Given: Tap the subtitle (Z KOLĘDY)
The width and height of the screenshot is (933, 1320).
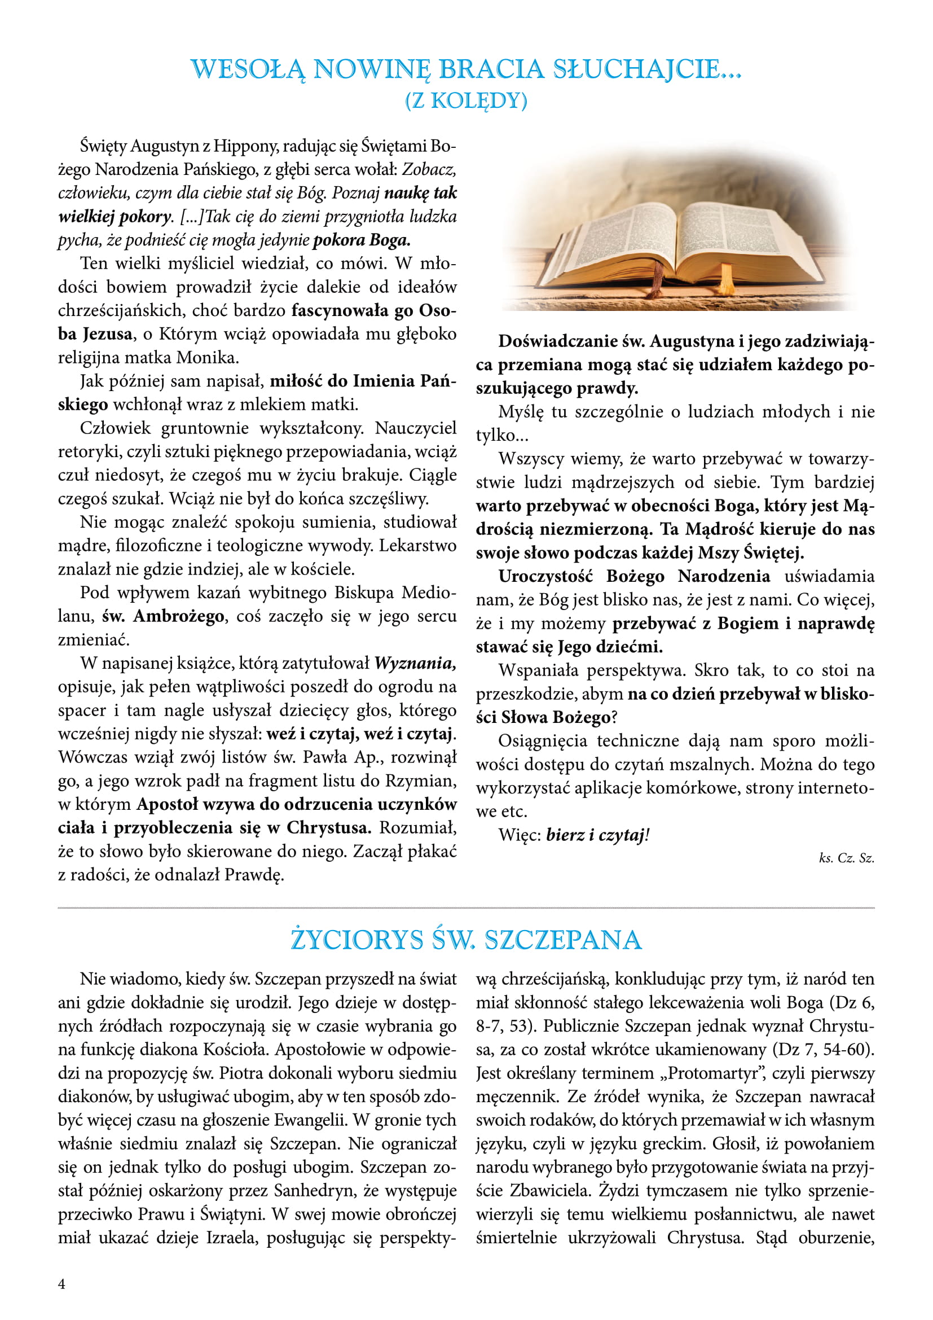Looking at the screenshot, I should coord(466,100).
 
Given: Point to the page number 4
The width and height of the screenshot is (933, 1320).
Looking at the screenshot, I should coord(61,1283).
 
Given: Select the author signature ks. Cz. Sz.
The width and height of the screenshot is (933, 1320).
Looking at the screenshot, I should coord(846,858).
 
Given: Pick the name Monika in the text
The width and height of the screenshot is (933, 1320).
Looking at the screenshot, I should coord(206,358).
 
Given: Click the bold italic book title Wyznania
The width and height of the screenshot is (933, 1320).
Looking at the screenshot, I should coord(415,663).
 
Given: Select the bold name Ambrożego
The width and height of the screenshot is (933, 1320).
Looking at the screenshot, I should coord(179,616).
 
